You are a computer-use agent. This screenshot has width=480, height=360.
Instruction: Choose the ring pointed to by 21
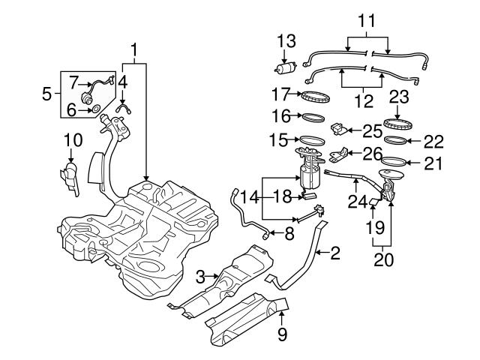coord(396,161)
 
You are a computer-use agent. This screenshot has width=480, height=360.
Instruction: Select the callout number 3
coord(200,277)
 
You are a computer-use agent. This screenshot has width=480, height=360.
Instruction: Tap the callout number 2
coord(334,253)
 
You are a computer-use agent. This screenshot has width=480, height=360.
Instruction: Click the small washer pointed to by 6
coord(96,110)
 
